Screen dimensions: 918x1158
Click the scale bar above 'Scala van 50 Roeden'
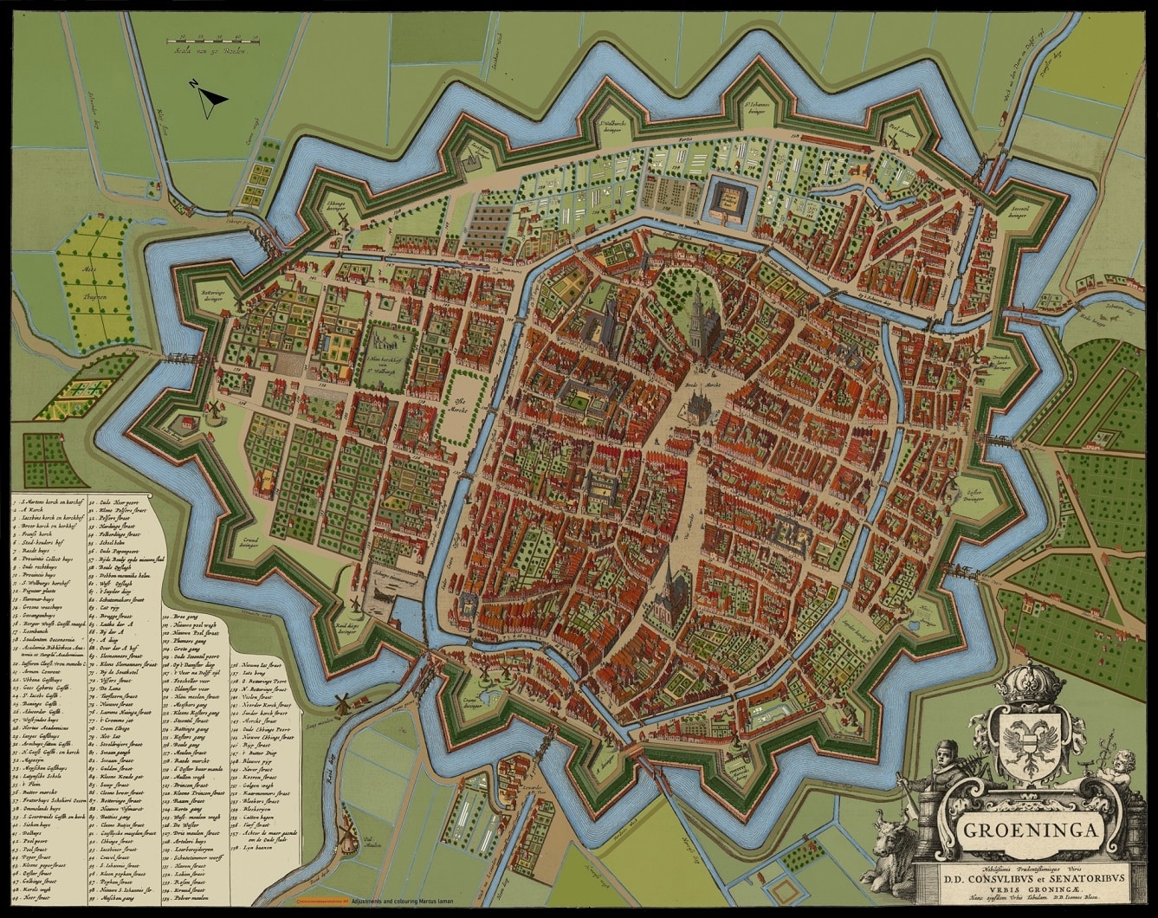tap(212, 39)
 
